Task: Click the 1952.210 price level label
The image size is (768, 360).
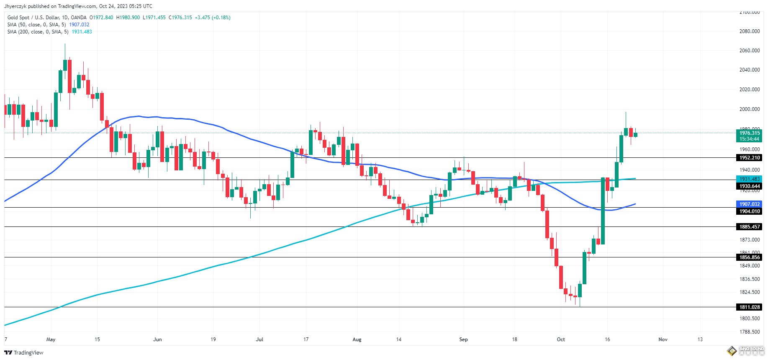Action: pos(749,158)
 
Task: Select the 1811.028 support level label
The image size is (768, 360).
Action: pos(749,307)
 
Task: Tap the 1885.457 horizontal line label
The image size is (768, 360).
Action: pos(749,227)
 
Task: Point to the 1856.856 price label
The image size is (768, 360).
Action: pos(749,257)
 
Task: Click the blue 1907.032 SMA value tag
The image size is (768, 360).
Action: pos(749,204)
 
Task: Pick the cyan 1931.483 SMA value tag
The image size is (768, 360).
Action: pos(749,179)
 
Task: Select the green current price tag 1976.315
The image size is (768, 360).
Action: pos(749,134)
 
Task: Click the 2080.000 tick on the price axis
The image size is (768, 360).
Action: pos(749,31)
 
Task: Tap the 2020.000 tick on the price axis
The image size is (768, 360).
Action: pos(749,90)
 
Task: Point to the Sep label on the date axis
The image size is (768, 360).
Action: pos(463,339)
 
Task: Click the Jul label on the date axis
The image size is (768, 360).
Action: pos(259,339)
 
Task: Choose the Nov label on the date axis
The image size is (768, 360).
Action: pos(663,339)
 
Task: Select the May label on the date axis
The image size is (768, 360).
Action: pos(51,339)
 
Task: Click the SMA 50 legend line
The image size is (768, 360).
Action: pos(36,25)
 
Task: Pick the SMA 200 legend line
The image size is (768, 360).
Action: pos(38,32)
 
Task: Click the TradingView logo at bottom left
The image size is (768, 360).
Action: pos(24,352)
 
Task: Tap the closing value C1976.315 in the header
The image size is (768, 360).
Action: pos(180,18)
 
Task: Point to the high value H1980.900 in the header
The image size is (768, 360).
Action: pos(128,18)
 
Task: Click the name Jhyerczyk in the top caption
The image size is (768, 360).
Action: pos(15,6)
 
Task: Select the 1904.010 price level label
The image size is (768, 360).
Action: pos(749,211)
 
